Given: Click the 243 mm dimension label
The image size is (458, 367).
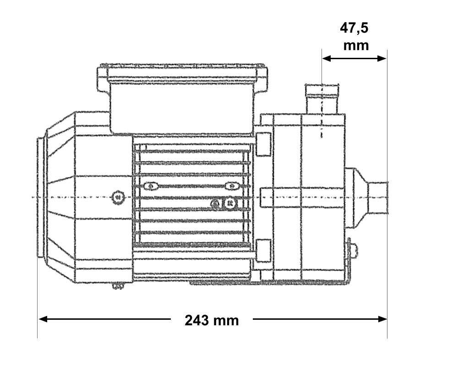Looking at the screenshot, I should (x=212, y=320).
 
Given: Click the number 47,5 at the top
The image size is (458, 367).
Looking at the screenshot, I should (x=354, y=28).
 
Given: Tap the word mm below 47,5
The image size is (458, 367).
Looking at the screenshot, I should (x=356, y=45).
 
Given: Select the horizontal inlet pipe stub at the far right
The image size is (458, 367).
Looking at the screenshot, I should (x=378, y=196).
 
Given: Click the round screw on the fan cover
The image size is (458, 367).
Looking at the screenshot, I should (x=118, y=197).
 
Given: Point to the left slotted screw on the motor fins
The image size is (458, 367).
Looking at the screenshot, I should (x=150, y=186).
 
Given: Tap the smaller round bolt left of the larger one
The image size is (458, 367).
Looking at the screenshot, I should (x=215, y=203).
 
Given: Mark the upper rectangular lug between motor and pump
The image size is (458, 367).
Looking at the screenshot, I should (x=263, y=144).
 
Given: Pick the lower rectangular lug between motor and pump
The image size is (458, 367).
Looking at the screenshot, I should (x=263, y=250).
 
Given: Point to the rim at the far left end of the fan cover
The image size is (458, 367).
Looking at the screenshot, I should (x=40, y=197).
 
